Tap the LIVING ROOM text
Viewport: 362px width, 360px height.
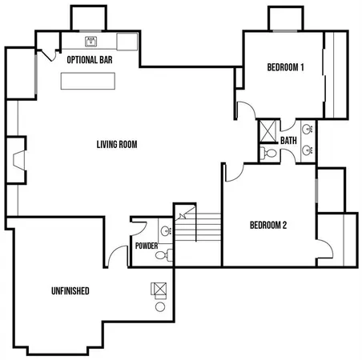point(117,145)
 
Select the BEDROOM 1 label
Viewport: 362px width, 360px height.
point(286,68)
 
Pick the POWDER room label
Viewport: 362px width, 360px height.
point(147,246)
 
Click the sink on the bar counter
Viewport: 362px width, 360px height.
point(91,40)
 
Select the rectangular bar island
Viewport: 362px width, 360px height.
point(88,80)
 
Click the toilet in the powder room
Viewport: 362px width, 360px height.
point(163,256)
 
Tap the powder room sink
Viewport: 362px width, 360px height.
point(166,231)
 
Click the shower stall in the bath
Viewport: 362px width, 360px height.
point(267,130)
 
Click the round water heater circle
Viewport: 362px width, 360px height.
point(159,307)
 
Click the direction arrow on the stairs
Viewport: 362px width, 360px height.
point(183,214)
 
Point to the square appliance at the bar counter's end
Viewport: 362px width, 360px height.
point(128,41)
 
